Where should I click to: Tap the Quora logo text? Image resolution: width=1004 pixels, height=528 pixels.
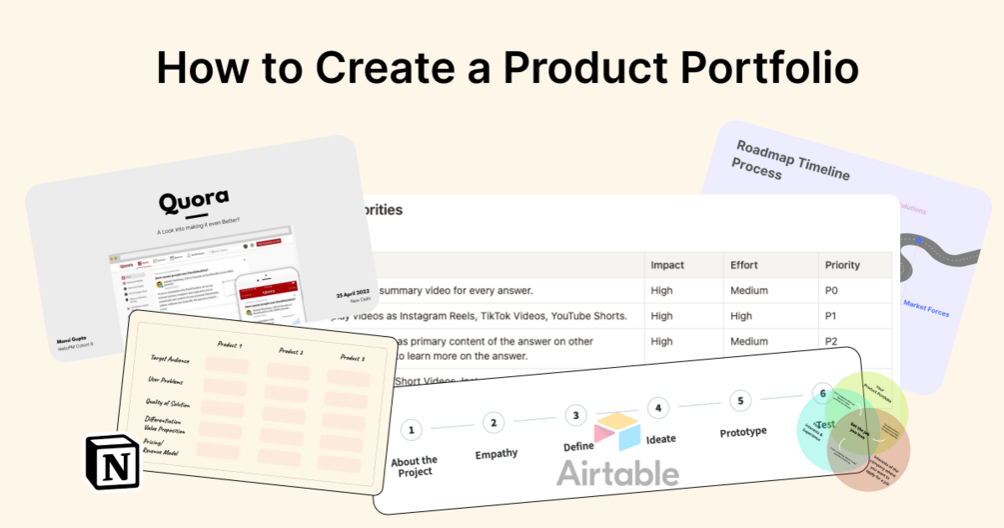click(x=194, y=202)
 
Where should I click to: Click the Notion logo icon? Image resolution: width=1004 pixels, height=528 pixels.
click(x=113, y=462)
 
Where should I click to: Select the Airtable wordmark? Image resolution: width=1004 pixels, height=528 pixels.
click(x=617, y=472)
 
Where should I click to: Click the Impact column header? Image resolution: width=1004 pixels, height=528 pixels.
click(x=668, y=265)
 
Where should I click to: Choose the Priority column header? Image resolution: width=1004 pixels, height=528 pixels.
click(x=842, y=265)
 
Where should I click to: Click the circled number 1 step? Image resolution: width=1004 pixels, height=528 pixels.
click(x=411, y=430)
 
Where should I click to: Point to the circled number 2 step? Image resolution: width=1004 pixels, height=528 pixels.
click(x=493, y=423)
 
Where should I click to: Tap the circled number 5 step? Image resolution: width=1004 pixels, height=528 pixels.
click(x=739, y=401)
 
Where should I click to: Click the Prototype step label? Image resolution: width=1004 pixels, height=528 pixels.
click(x=743, y=432)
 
